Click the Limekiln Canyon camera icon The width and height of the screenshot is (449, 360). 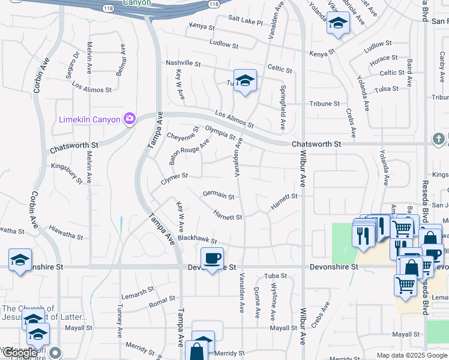pyautogui.click(x=129, y=119)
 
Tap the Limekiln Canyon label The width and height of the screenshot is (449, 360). pyautogui.click(x=89, y=119)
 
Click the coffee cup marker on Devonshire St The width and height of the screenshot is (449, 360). pyautogui.click(x=211, y=259)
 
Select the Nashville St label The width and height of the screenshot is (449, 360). pyautogui.click(x=183, y=63)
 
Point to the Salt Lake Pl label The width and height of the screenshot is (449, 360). pyautogui.click(x=246, y=22)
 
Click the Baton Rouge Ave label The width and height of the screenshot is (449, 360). pyautogui.click(x=189, y=151)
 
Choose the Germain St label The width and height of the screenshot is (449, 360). pyautogui.click(x=218, y=194)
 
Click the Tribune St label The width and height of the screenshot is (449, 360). pyautogui.click(x=324, y=104)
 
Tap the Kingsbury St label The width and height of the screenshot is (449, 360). pyautogui.click(x=67, y=171)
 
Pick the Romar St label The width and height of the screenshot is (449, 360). pyautogui.click(x=161, y=302)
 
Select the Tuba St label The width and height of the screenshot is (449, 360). pyautogui.click(x=276, y=276)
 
